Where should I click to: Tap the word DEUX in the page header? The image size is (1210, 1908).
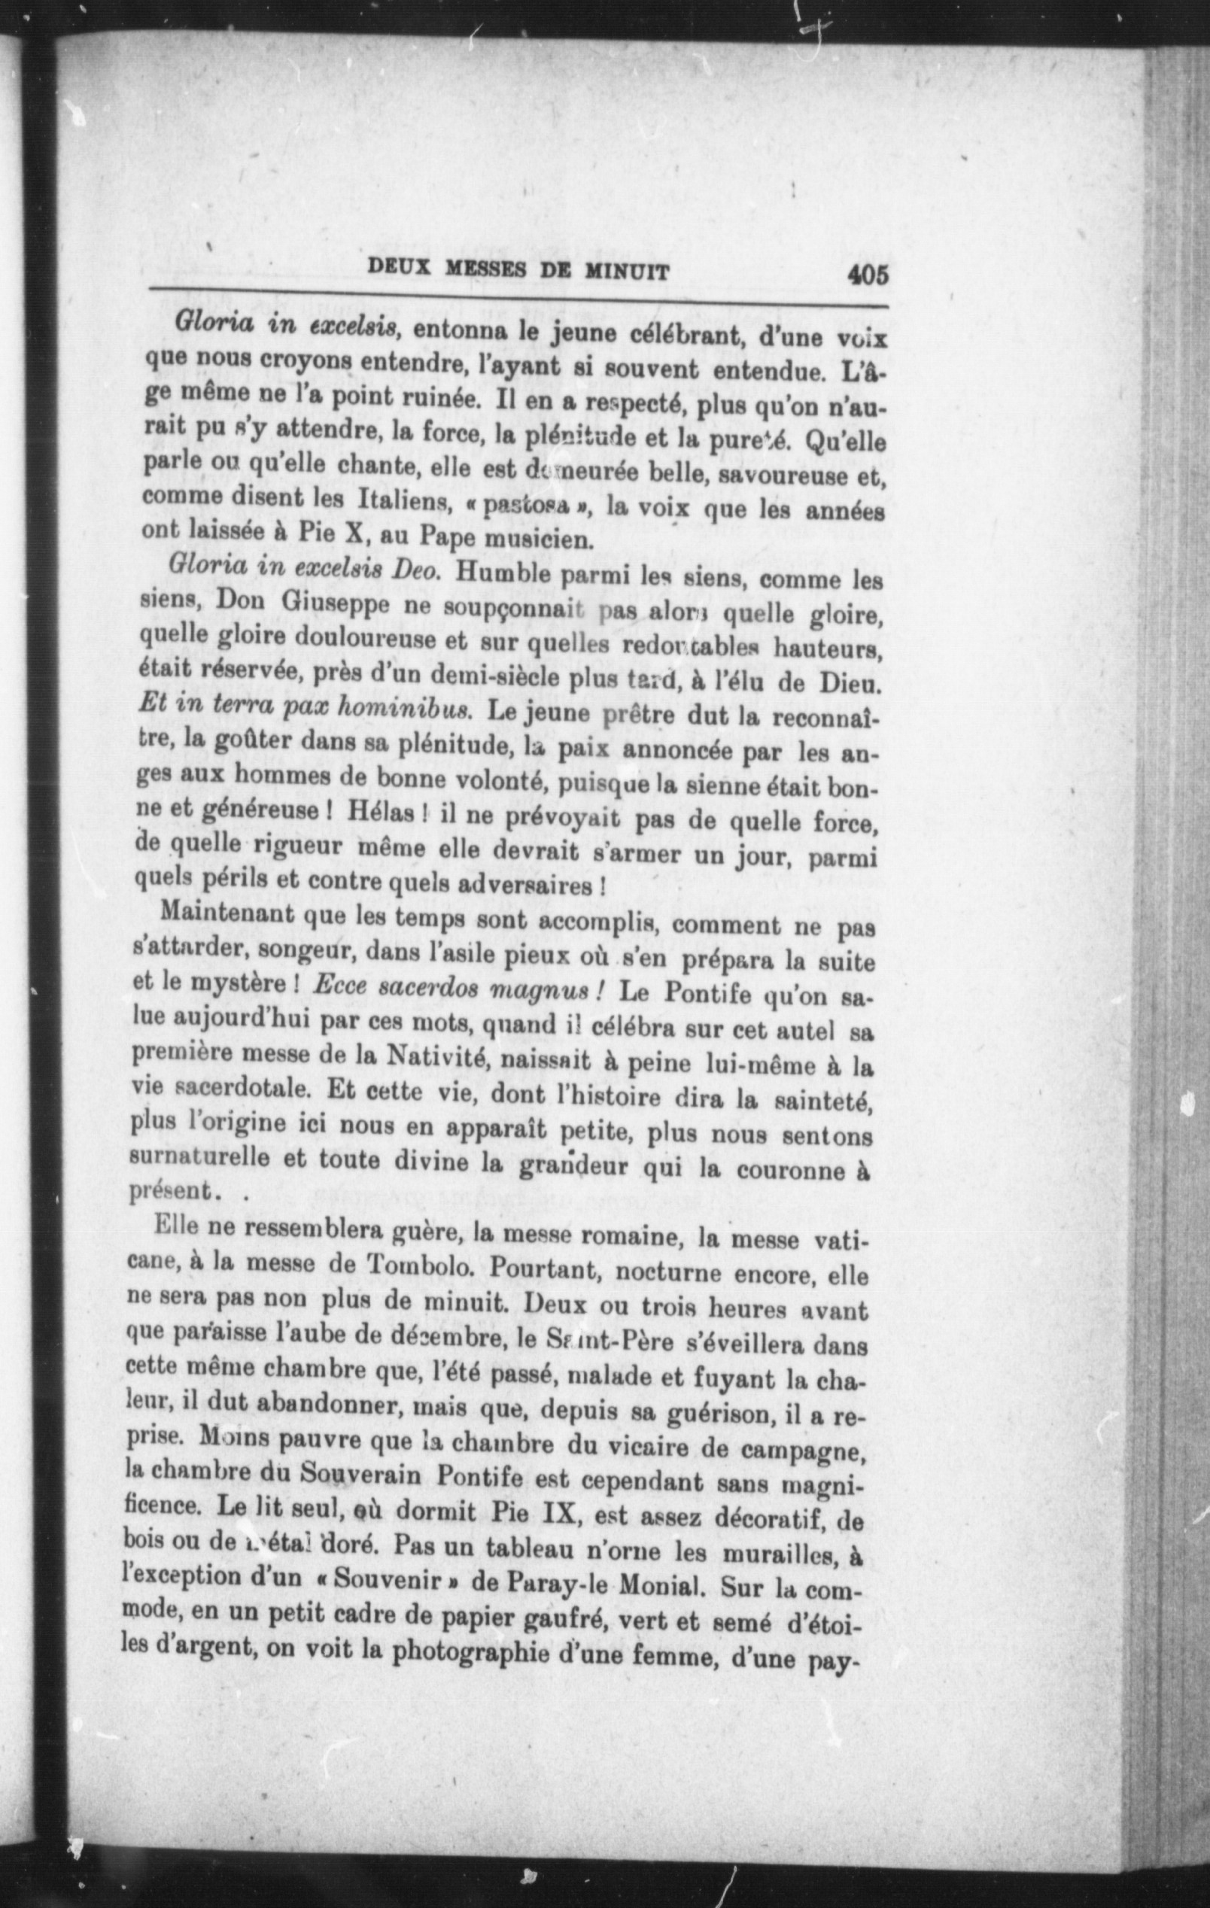pyautogui.click(x=399, y=269)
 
